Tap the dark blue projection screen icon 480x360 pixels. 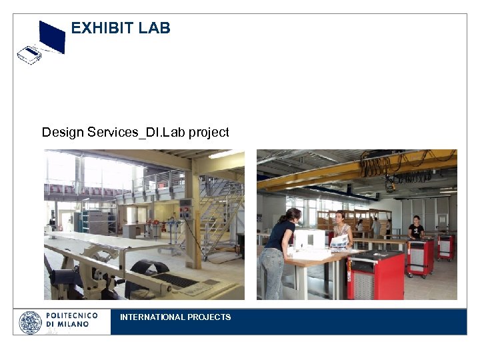tap(52, 37)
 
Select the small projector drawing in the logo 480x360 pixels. tap(29, 54)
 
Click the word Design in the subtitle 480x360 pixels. tap(63, 132)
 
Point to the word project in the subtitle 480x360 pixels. tap(209, 132)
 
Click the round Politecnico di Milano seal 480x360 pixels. tap(30, 323)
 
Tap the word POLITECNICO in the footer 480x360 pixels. tap(72, 315)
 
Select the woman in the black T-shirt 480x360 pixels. tap(416, 228)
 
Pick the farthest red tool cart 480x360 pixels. tap(445, 246)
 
